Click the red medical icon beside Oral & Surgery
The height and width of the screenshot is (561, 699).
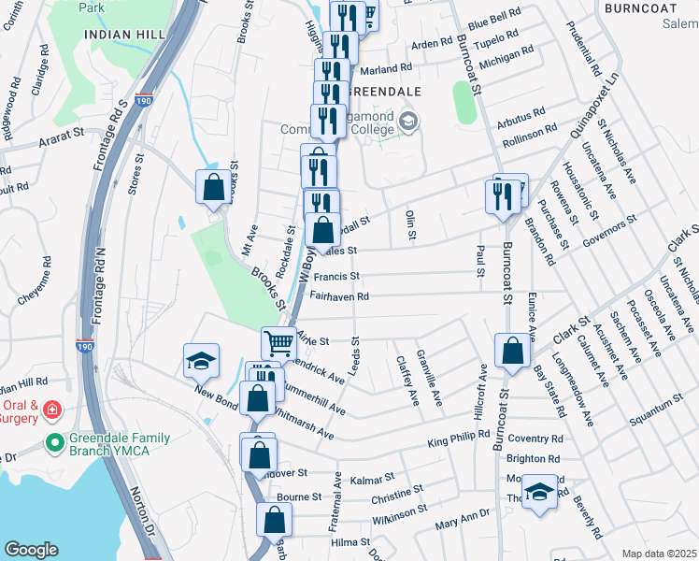[x=53, y=410]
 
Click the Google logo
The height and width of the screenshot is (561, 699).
[x=30, y=550]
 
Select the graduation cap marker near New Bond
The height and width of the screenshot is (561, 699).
[x=200, y=361]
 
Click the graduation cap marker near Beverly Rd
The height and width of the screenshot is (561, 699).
[x=539, y=491]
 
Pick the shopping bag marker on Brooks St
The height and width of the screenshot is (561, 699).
[x=213, y=186]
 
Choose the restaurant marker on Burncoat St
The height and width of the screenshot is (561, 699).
[x=503, y=196]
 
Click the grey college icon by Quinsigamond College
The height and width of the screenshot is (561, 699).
[x=408, y=122]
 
